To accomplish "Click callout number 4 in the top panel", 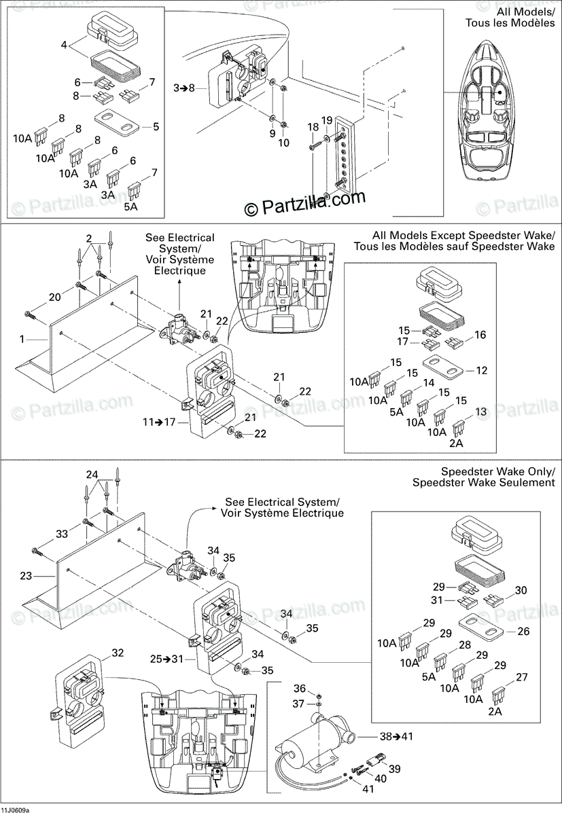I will coord(64,46).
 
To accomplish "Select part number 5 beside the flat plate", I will coord(156,126).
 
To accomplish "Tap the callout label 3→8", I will coord(183,88).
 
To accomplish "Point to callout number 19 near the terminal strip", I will coord(326,121).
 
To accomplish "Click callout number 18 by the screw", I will coord(313,126).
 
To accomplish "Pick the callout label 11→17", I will coord(160,422).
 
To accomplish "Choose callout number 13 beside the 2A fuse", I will coord(480,412).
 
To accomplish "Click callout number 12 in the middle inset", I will coord(481,370).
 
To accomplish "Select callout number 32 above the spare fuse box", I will coord(117,653).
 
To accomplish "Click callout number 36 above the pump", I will coord(299,689).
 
